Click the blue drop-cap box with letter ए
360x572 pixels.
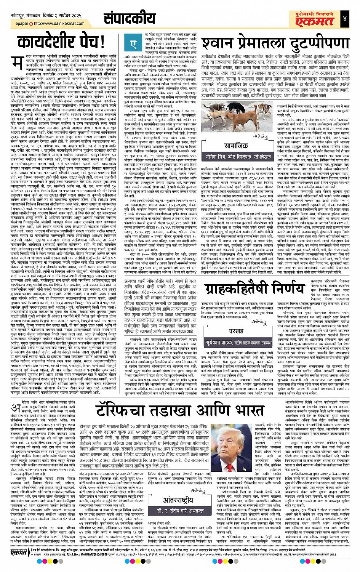(x=134, y=45)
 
